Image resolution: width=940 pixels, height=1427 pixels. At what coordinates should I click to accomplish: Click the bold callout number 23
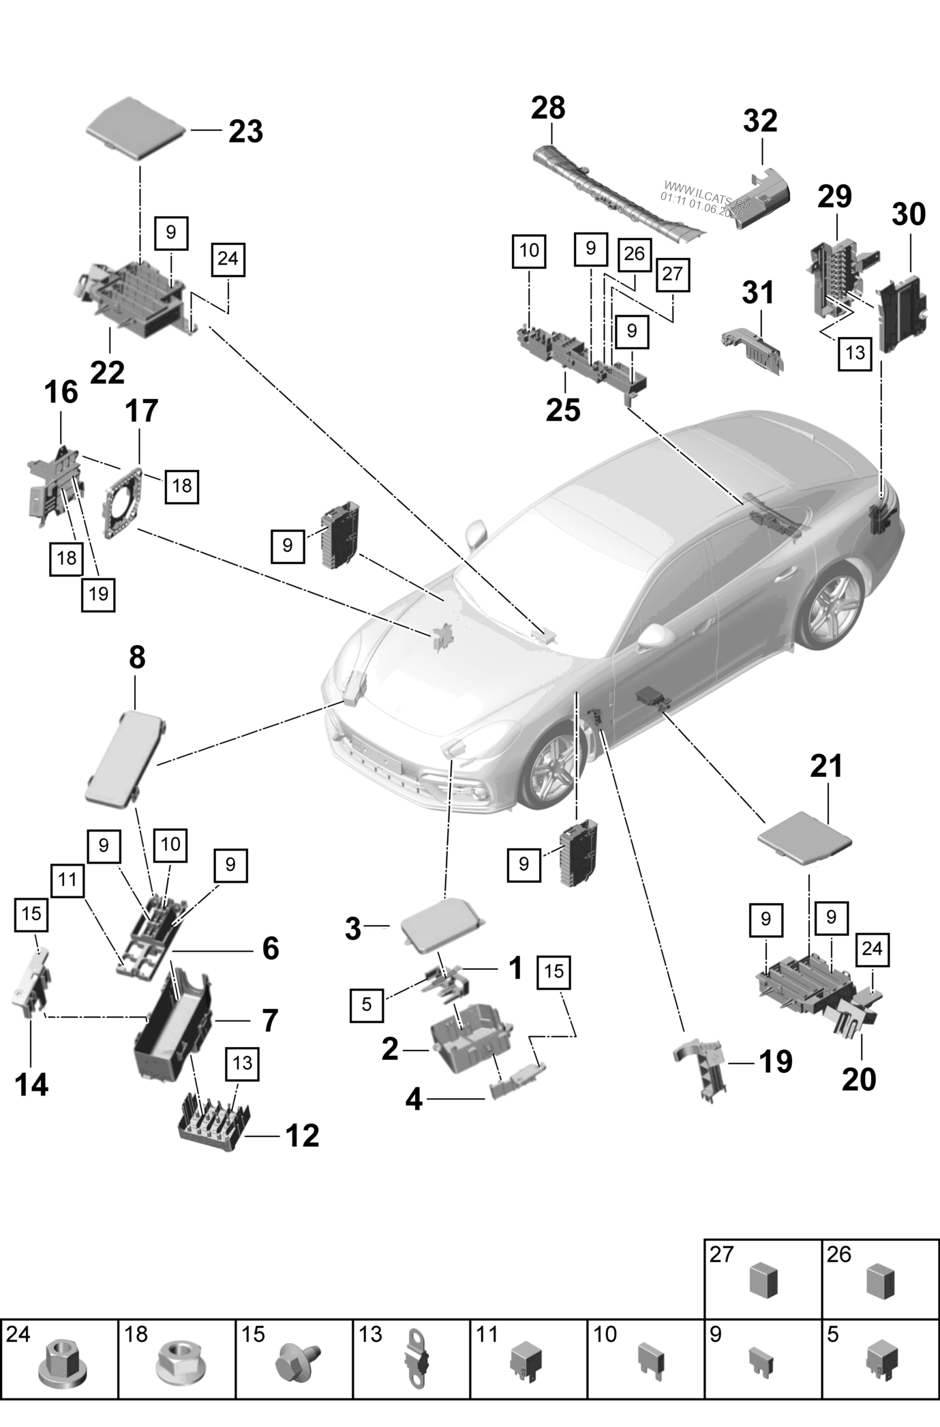pyautogui.click(x=245, y=132)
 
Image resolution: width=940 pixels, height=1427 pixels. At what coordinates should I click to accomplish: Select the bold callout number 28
pyautogui.click(x=548, y=108)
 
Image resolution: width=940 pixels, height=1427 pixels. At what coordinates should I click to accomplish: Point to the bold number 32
pyautogui.click(x=759, y=121)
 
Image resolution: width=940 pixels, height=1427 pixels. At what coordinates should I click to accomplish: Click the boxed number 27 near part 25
pyautogui.click(x=672, y=274)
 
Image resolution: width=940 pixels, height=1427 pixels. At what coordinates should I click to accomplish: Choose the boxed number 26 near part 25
pyautogui.click(x=634, y=254)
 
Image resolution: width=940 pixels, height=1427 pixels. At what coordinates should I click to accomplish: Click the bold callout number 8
pyautogui.click(x=137, y=658)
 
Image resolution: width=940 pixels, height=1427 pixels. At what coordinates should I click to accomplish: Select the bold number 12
pyautogui.click(x=303, y=1135)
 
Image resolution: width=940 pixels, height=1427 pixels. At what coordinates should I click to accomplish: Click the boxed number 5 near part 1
pyautogui.click(x=367, y=1004)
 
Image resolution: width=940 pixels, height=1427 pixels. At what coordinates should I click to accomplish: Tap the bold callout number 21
pyautogui.click(x=826, y=766)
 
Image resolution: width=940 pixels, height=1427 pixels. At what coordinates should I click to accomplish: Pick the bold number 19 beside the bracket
pyautogui.click(x=776, y=1062)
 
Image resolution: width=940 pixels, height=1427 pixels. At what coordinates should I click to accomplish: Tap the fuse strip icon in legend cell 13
pyautogui.click(x=416, y=1366)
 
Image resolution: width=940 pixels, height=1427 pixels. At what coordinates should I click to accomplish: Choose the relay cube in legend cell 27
pyautogui.click(x=763, y=1281)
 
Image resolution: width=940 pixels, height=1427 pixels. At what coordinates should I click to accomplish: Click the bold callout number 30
pyautogui.click(x=908, y=215)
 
